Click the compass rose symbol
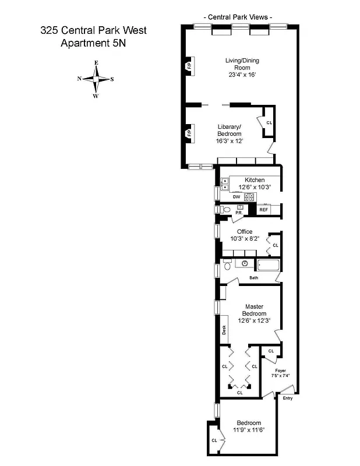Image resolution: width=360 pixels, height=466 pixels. [97, 79]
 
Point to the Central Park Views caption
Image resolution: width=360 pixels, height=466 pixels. [238, 17]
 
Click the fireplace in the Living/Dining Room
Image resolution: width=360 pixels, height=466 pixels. [189, 66]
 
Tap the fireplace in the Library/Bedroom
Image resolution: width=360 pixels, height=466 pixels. [189, 133]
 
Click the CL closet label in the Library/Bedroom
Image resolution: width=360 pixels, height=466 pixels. [269, 123]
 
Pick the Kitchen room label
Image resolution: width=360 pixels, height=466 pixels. [255, 180]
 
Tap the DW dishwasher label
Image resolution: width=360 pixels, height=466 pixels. [237, 197]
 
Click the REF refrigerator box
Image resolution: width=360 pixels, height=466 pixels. [264, 210]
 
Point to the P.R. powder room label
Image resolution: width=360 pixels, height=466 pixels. [239, 213]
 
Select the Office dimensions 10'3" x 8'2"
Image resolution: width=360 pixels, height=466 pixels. [245, 238]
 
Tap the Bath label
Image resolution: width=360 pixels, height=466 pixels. [253, 278]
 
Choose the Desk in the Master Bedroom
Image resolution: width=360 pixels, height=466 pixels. [224, 330]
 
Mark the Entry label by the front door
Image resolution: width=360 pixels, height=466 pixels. [287, 398]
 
